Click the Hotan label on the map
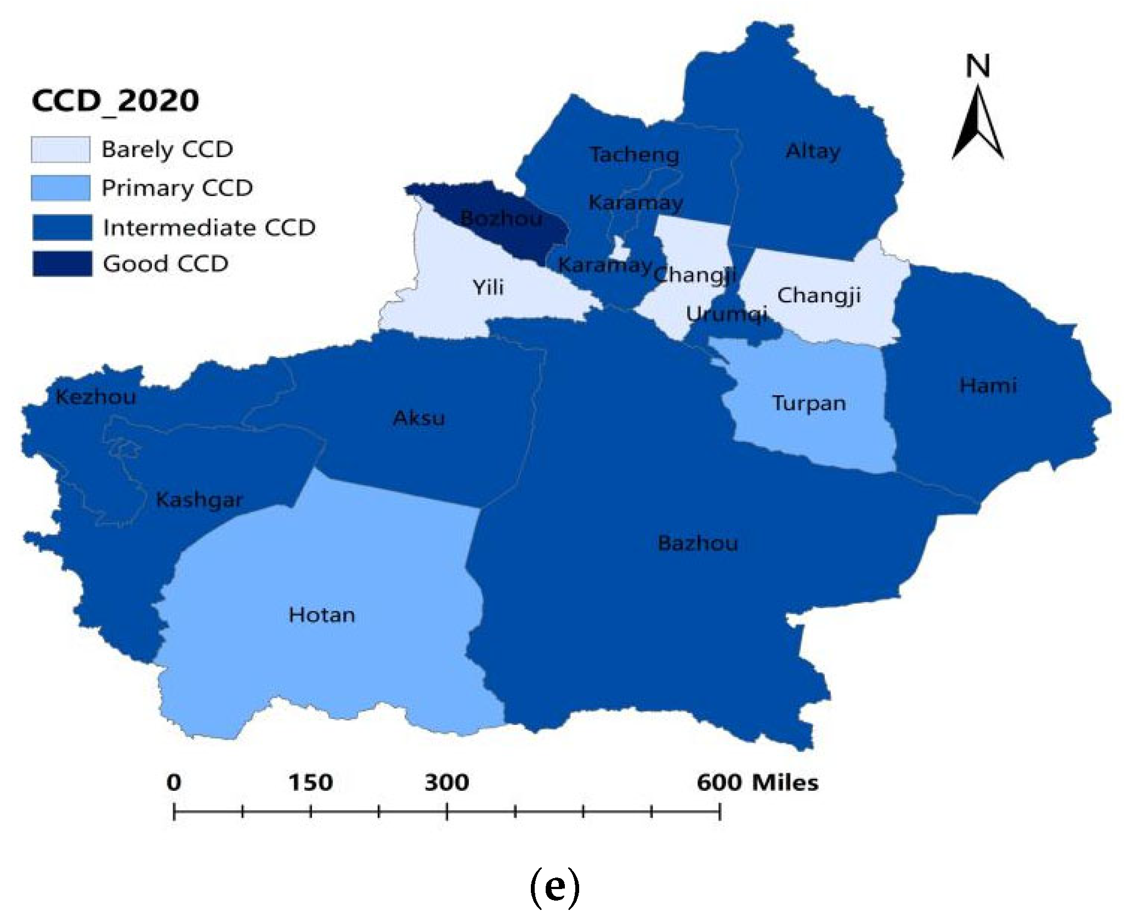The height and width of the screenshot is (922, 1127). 322,615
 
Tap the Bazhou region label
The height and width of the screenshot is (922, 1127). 698,543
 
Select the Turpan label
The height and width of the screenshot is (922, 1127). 809,403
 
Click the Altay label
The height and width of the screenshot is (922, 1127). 813,151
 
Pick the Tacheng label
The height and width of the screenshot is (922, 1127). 635,155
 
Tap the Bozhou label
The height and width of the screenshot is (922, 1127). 501,218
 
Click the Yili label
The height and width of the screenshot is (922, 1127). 488,287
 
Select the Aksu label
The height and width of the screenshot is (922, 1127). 419,418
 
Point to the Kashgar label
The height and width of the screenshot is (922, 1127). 199,500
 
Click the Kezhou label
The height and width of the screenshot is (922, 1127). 96,397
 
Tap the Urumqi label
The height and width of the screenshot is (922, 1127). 726,314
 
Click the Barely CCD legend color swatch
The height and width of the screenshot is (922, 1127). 60,150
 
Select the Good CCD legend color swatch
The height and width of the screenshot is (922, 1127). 62,264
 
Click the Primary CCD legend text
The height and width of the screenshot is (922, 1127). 177,188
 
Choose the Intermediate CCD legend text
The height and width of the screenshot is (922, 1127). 209,228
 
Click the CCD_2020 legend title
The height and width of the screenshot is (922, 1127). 115,101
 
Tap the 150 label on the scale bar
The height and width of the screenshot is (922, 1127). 310,783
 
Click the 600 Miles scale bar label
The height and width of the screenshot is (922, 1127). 757,783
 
